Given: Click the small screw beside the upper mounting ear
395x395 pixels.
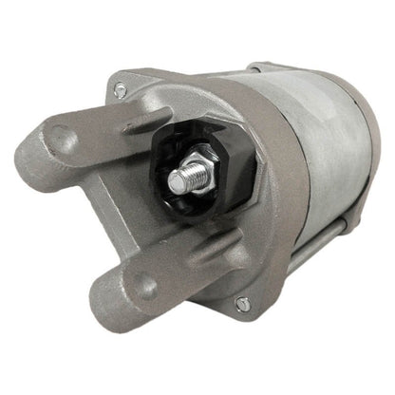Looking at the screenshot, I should (x=120, y=90).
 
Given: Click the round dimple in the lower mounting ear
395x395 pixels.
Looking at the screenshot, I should (x=141, y=284).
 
